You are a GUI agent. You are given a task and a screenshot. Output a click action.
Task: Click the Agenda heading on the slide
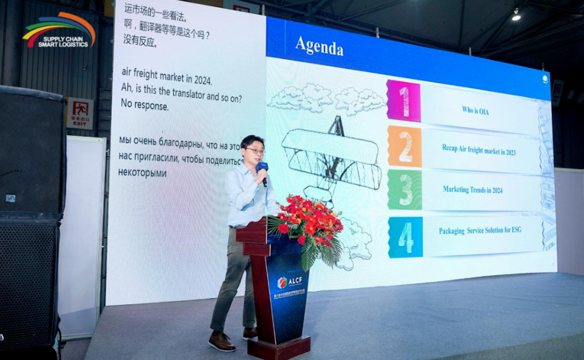coord(319,46)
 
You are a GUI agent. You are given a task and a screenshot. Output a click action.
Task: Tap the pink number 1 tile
coord(404,101)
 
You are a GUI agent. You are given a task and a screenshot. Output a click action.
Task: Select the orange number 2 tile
coord(404,146)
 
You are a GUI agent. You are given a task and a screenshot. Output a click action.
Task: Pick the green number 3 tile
coord(404,190)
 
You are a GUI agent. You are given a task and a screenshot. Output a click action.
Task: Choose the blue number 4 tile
coord(405,237)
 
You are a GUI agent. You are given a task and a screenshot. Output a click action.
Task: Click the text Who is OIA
coord(475,110)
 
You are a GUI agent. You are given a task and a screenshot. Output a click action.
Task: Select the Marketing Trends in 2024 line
coord(472,190)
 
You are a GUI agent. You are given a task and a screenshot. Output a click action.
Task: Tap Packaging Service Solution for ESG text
coord(480,231)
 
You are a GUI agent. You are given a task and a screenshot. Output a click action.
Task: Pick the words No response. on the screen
coord(144,105)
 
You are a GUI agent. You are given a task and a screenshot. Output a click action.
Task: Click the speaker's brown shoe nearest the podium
coord(250,333)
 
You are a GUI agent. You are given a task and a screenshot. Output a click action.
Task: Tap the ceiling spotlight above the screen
coord(516,16)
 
